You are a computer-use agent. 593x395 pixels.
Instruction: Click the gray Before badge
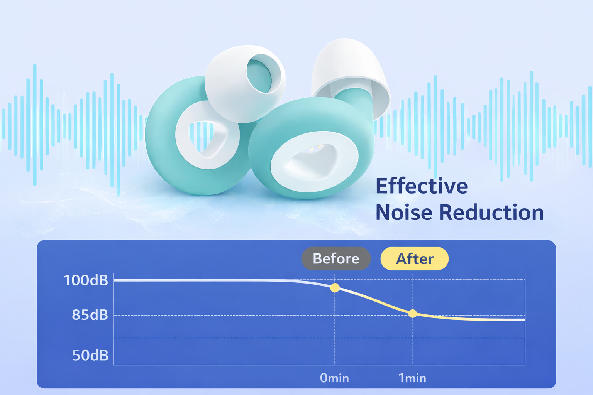click(x=336, y=258)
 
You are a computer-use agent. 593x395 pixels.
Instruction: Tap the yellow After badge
click(x=415, y=258)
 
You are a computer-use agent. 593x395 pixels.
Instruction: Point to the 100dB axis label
click(x=86, y=280)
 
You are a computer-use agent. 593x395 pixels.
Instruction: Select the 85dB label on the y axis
click(x=90, y=315)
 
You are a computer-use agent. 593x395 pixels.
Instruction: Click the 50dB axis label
click(x=90, y=355)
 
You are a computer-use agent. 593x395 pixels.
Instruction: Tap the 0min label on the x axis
click(x=334, y=378)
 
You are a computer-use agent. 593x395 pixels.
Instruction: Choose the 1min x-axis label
click(x=412, y=378)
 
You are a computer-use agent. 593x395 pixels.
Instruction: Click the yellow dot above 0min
click(x=335, y=288)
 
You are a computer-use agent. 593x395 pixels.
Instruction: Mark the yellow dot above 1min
click(x=413, y=314)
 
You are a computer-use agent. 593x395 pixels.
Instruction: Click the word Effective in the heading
click(x=422, y=186)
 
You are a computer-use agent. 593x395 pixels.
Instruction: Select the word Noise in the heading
click(x=404, y=213)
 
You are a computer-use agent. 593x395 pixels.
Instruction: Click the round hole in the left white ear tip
click(x=259, y=73)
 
